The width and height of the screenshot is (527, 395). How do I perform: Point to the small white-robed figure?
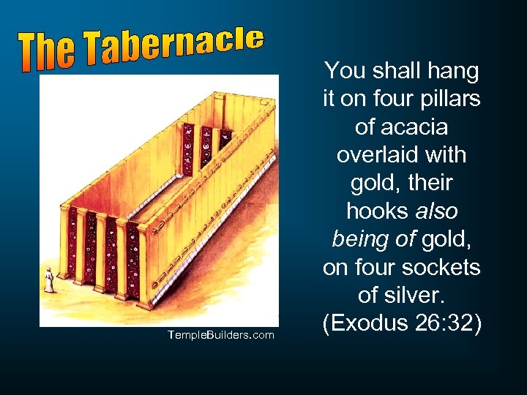tap(49, 280)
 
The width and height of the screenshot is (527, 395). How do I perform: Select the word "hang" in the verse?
tap(455, 72)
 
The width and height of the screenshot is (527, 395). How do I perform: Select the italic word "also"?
tap(438, 212)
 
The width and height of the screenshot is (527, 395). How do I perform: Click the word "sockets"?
tap(446, 268)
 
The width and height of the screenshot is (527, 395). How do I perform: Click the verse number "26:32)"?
tap(446, 324)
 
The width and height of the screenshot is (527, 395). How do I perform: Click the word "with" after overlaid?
tap(444, 156)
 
